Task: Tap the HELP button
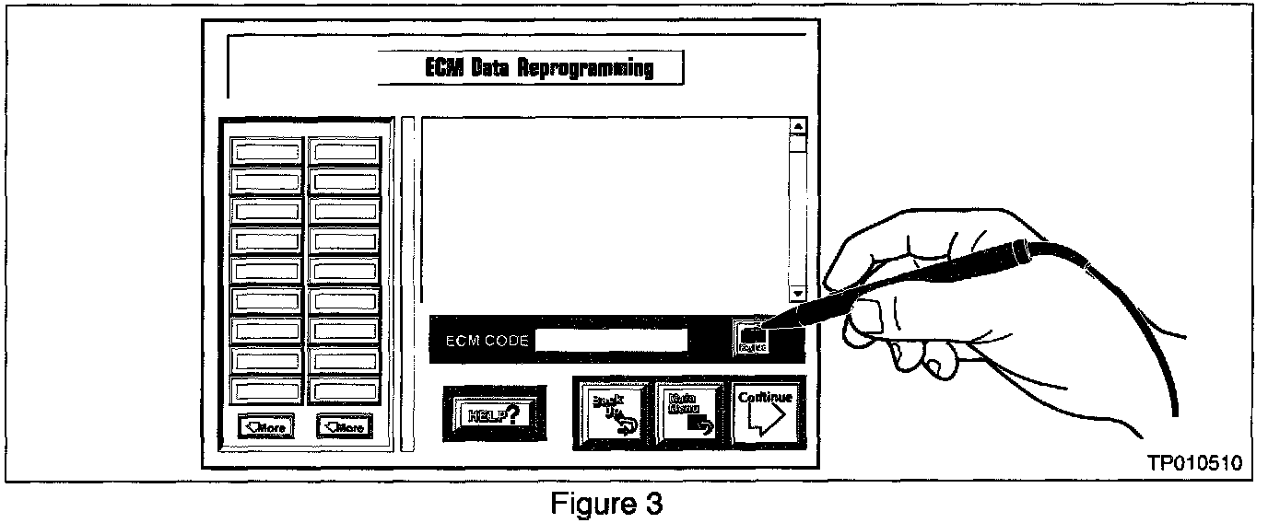tap(493, 413)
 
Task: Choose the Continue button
tap(765, 412)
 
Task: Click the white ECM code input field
tap(611, 340)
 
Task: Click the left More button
tap(265, 426)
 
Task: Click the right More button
tap(344, 426)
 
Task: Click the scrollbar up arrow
tap(798, 127)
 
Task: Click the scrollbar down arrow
tap(798, 293)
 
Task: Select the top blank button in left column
tap(266, 151)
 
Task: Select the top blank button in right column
tap(344, 151)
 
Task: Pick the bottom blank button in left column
tap(266, 389)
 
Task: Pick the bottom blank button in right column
tap(344, 389)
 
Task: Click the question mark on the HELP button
tap(511, 413)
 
